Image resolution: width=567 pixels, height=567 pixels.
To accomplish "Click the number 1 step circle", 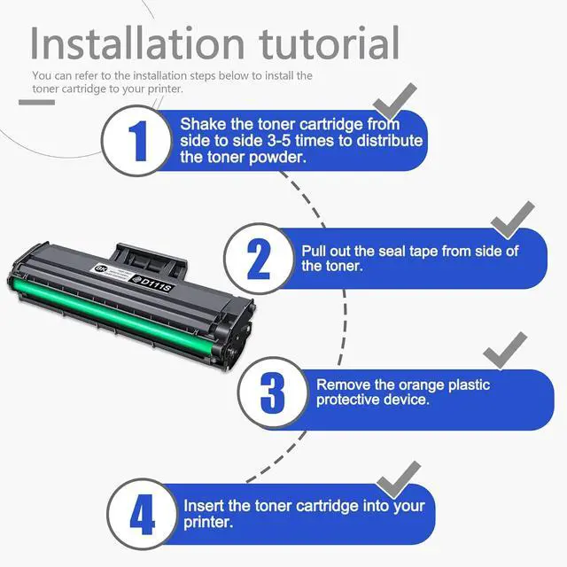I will coord(137,140).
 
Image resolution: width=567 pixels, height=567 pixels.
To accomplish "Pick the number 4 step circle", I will coord(143,514).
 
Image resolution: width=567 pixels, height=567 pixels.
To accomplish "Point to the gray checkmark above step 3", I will coord(505,351).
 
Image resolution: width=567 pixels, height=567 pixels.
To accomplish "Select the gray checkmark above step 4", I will coord(397,478).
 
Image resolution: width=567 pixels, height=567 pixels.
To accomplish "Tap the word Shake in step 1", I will coord(203,125).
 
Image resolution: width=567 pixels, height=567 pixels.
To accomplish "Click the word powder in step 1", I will coord(282,158).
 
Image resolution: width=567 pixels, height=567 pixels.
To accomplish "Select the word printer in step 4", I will coord(207,523).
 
